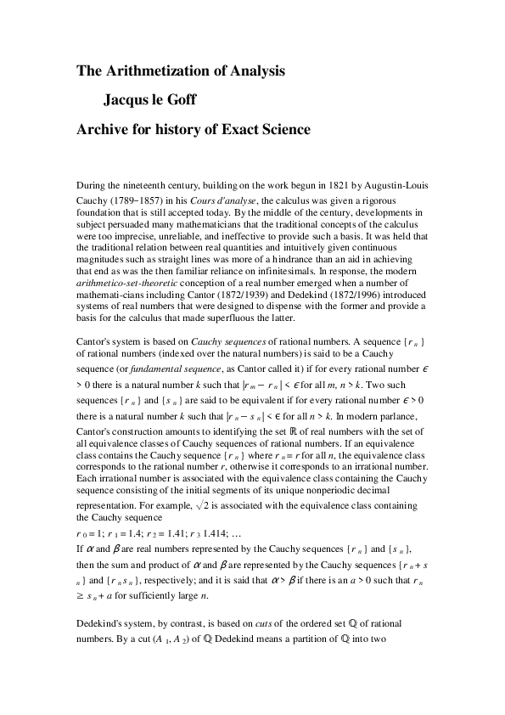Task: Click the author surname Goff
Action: click(x=199, y=100)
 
